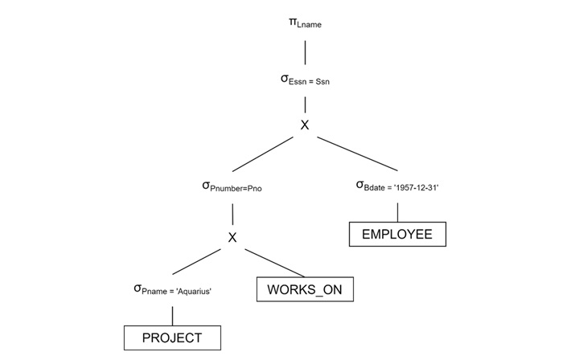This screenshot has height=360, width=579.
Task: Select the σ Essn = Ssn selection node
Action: tap(304, 80)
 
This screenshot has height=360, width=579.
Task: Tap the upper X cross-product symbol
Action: tap(305, 125)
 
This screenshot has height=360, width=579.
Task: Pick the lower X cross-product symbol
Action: tap(232, 237)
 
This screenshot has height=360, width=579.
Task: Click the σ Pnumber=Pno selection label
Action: tap(232, 186)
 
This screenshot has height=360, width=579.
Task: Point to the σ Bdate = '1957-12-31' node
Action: tap(396, 186)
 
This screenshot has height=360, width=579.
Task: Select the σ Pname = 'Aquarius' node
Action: tap(172, 289)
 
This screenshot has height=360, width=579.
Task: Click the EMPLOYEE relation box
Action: tap(397, 234)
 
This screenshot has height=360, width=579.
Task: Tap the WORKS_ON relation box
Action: tap(305, 289)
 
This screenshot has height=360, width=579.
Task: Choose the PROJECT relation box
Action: tap(172, 338)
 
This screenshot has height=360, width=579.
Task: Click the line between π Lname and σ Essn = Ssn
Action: tap(305, 52)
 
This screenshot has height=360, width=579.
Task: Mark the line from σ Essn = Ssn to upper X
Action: tap(305, 104)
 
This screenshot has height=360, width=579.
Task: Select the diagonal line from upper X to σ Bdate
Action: tap(358, 153)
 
